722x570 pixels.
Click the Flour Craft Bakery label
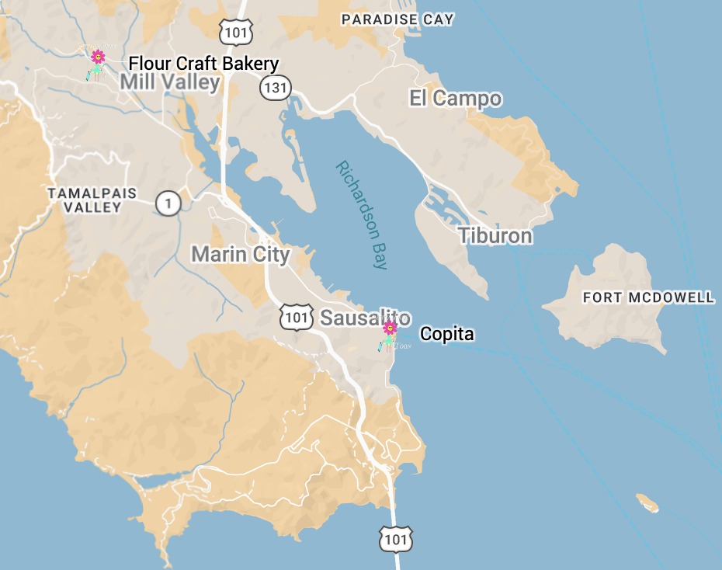[x=203, y=64]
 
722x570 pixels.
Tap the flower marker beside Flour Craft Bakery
[x=98, y=58]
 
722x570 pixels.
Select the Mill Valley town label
[x=170, y=82]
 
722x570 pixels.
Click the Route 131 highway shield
[x=275, y=87]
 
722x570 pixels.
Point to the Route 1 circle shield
[x=168, y=203]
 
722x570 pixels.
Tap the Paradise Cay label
[x=397, y=19]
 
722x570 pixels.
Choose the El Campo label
[x=455, y=99]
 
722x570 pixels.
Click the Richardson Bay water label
[x=362, y=214]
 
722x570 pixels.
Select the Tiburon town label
[x=495, y=236]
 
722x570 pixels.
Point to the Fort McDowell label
[x=648, y=297]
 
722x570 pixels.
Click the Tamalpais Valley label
[x=92, y=200]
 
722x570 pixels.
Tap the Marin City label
[x=241, y=254]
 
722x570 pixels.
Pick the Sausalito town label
[x=365, y=318]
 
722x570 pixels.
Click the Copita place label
[x=446, y=334]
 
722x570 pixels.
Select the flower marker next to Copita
[x=390, y=329]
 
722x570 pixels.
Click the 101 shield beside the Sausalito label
[x=296, y=317]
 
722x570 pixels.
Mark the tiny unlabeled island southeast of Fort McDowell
[x=647, y=503]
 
